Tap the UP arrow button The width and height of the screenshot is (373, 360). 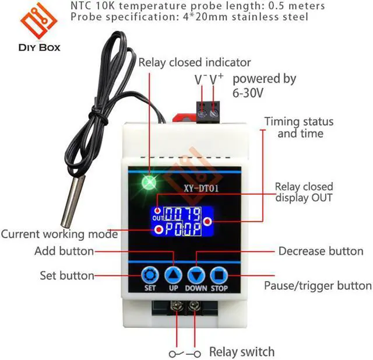(173, 274)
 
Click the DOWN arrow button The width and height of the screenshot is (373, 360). (196, 274)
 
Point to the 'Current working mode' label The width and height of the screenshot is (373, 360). (59, 235)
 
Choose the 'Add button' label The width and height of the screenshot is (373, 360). (64, 251)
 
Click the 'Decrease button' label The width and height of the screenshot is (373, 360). (321, 251)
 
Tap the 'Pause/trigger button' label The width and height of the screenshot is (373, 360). (318, 286)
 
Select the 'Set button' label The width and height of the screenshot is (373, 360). (67, 275)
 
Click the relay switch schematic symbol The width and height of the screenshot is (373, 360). (185, 353)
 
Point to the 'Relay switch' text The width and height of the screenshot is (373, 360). (241, 352)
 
